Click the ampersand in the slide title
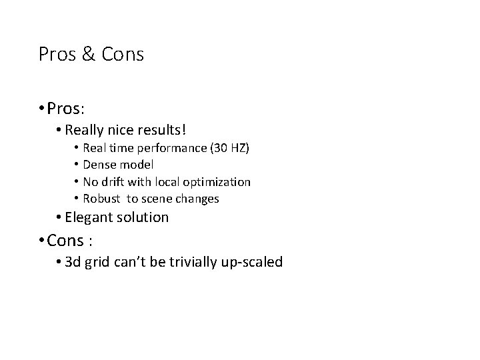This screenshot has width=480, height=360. point(87,54)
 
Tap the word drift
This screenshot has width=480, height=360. point(114,181)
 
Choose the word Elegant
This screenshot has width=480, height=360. point(91,217)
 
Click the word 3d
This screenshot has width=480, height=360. point(73,262)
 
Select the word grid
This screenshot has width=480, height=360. point(99,262)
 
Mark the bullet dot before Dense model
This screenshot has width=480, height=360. point(77,165)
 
